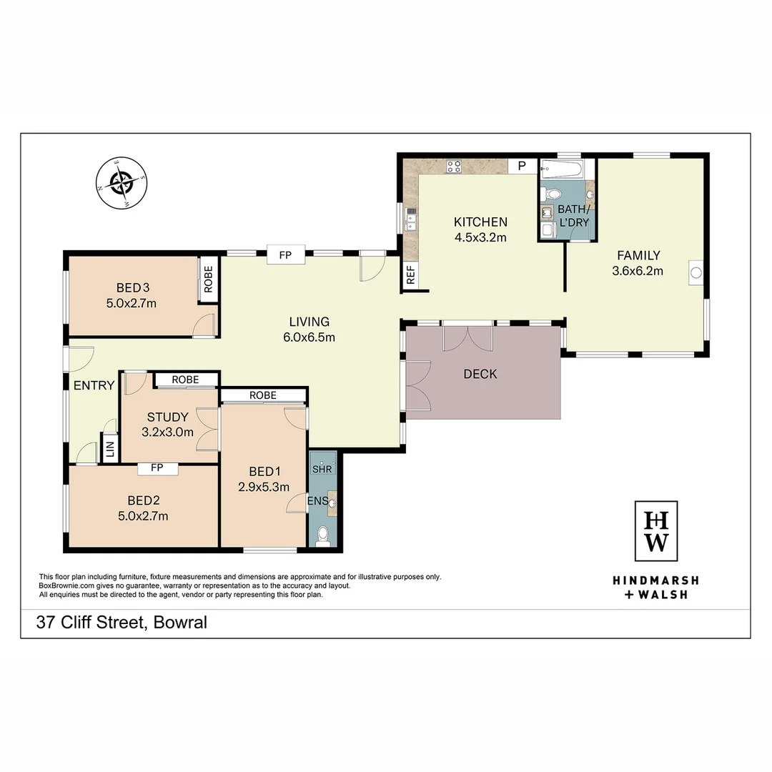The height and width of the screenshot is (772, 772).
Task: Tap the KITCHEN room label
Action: [x=480, y=222]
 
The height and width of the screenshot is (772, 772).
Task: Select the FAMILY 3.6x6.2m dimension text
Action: [x=637, y=271]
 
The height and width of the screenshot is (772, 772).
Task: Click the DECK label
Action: [x=480, y=374]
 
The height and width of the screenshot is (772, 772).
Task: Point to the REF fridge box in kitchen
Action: [x=411, y=276]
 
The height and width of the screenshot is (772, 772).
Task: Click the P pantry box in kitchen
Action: [x=522, y=166]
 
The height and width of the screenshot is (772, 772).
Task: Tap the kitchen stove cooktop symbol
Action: [x=454, y=167]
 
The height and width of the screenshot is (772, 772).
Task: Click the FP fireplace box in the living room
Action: [x=286, y=254]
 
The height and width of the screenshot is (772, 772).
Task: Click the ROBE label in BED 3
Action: [x=208, y=280]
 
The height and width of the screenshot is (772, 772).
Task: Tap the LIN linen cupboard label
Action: [x=110, y=449]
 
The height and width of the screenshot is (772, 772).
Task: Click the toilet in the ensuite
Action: [x=323, y=535]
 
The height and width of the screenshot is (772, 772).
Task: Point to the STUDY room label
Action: [x=167, y=417]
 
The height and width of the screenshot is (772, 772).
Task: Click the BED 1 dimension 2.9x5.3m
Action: [x=264, y=488]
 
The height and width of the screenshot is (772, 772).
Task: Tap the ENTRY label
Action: [x=94, y=385]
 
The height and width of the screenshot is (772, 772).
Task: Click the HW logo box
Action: [x=656, y=532]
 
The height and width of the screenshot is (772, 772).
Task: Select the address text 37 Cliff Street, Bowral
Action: [x=122, y=623]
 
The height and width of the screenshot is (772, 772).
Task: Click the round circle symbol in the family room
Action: [x=695, y=272]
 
